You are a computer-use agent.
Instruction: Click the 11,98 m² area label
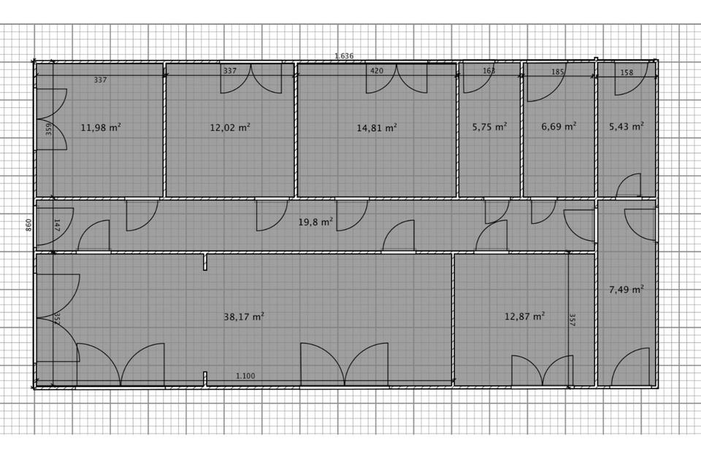click(x=101, y=127)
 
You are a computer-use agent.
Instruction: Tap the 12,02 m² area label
click(x=230, y=127)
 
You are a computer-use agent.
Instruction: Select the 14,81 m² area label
click(x=377, y=127)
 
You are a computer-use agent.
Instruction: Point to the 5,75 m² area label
click(x=489, y=126)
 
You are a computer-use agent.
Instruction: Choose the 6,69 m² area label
click(x=559, y=126)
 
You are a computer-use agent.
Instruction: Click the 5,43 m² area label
click(x=627, y=126)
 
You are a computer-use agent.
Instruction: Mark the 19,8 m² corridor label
click(x=315, y=220)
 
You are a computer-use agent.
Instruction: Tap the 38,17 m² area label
click(x=244, y=317)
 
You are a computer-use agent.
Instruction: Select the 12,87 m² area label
click(x=525, y=316)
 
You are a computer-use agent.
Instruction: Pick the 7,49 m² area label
click(x=627, y=289)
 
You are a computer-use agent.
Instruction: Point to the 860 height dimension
click(x=29, y=225)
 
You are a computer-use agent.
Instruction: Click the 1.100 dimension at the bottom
click(x=245, y=376)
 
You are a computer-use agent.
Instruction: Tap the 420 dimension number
click(x=377, y=72)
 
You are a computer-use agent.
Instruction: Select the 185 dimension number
click(x=558, y=72)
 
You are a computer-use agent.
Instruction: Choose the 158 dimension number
click(x=627, y=72)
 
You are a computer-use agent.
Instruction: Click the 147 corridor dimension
click(x=56, y=225)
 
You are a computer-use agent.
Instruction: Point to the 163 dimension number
click(x=489, y=72)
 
